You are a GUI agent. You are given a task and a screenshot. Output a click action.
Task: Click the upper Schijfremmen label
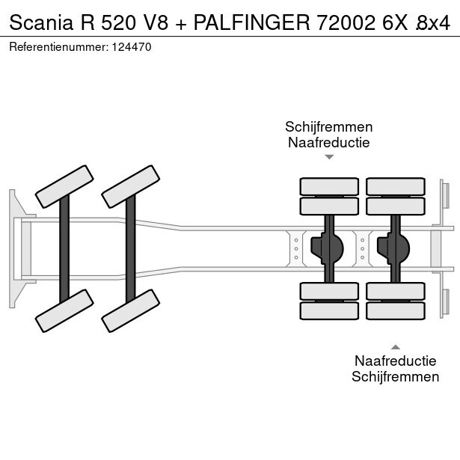point(328,127)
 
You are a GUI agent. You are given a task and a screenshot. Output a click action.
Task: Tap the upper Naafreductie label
point(328,142)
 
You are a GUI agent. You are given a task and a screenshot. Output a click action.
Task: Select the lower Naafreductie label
point(396,361)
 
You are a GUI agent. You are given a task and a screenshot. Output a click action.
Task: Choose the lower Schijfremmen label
point(396,376)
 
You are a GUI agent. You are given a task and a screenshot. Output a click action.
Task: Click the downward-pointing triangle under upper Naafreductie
point(328,158)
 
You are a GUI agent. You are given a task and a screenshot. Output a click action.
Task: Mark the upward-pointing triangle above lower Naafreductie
point(396,346)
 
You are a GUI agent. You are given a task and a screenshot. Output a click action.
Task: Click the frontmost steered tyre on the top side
point(64,186)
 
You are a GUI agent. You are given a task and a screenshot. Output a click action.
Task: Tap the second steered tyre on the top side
point(131,185)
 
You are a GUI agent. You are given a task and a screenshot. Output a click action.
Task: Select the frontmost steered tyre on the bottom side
point(64,310)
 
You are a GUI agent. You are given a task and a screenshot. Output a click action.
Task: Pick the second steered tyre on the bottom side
point(131,310)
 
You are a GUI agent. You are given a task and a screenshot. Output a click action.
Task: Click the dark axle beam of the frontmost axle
point(64,248)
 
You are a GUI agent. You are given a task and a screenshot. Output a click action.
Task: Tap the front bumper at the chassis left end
point(14,248)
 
